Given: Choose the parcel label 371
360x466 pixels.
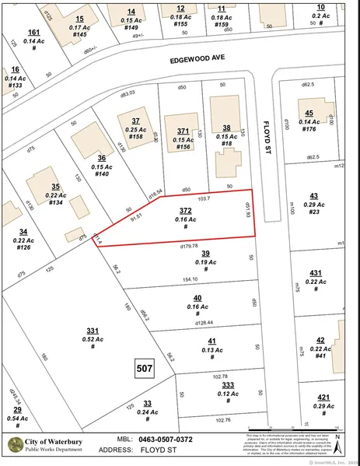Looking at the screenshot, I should click(x=183, y=131).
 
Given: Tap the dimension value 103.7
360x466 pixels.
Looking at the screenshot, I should click(x=204, y=200).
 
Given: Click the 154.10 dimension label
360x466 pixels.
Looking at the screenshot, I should click(x=192, y=279).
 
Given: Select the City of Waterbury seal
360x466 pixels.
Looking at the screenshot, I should click(x=15, y=444).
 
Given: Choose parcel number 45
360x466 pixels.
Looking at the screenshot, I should click(x=309, y=113).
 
